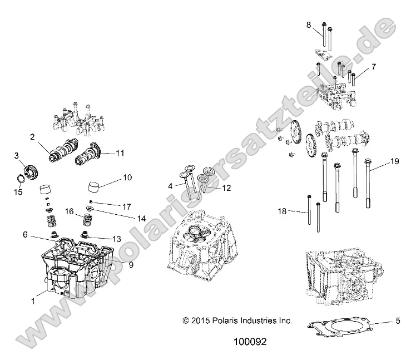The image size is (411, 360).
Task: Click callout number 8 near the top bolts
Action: [309, 24]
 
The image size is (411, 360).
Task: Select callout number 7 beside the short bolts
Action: [374, 67]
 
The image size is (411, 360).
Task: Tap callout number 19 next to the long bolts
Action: [394, 161]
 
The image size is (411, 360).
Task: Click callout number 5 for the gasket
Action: [398, 320]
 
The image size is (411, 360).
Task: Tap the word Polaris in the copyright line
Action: [237, 321]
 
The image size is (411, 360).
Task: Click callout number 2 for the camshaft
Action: [33, 136]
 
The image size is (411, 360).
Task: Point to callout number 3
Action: [17, 155]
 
